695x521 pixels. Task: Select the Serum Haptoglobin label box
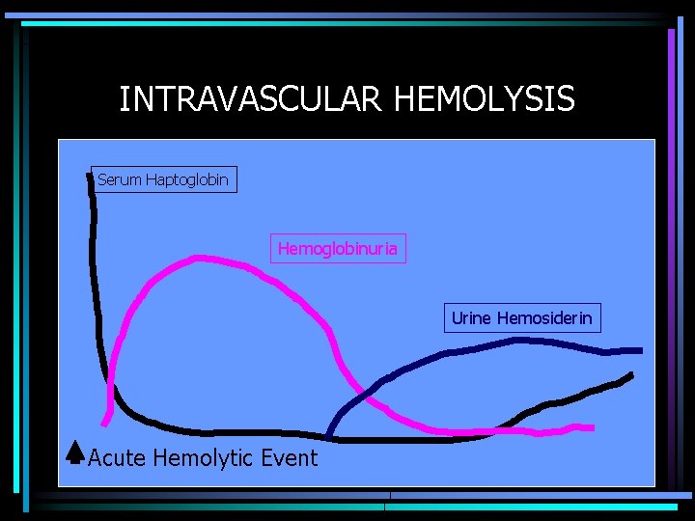pyautogui.click(x=163, y=179)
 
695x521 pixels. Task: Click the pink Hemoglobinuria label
pyautogui.click(x=337, y=249)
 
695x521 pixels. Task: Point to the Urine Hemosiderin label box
pyautogui.click(x=521, y=318)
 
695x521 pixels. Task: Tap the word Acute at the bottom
pyautogui.click(x=117, y=457)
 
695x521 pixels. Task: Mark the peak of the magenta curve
pyautogui.click(x=199, y=258)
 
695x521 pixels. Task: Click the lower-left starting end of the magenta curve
pyautogui.click(x=105, y=423)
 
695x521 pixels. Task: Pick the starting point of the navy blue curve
pyautogui.click(x=329, y=437)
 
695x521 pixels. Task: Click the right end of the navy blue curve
pyautogui.click(x=640, y=349)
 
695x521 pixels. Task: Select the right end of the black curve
pyautogui.click(x=631, y=374)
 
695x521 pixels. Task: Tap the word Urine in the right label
pyautogui.click(x=471, y=318)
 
